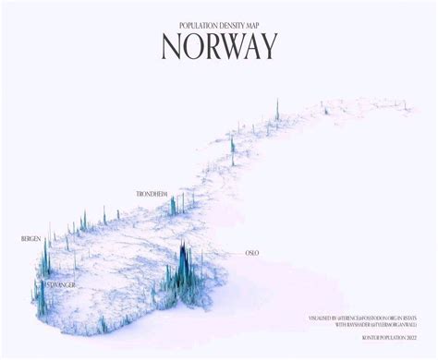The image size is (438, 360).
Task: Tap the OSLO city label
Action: (x=251, y=251)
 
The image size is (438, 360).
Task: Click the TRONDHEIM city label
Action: (x=151, y=194)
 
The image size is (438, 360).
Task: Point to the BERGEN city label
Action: (x=30, y=239)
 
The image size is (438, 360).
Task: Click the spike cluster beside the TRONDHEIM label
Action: (x=175, y=205)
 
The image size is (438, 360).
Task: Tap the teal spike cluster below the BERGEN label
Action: (x=43, y=263)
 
